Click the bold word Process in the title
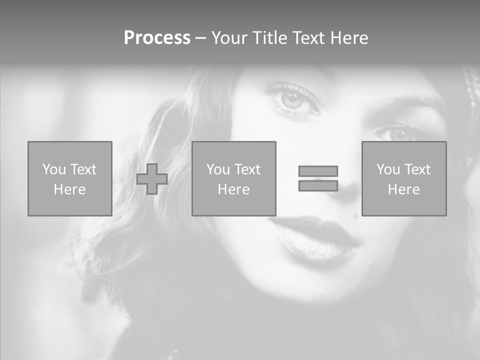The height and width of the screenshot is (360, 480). point(157,38)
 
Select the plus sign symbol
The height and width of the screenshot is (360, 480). point(152,179)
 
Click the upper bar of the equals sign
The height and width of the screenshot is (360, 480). point(318,171)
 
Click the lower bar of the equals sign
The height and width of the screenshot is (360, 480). point(318,185)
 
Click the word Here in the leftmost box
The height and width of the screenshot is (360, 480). point(70,189)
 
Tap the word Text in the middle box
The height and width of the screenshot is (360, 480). point(247,169)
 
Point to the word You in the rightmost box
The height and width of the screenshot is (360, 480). point(388,169)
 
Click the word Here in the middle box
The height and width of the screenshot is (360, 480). point(234,189)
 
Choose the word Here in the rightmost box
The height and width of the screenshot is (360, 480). point(404,189)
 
